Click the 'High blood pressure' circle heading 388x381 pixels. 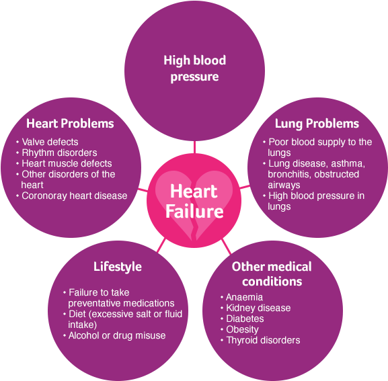[x=195, y=69]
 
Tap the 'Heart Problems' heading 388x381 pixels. [x=70, y=124]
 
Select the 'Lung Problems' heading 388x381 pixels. [x=317, y=124]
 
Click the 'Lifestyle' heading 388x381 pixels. [x=118, y=267]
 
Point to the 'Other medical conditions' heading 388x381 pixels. [x=272, y=274]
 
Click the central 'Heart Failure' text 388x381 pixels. [x=194, y=202]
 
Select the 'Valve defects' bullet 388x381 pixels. [x=50, y=142]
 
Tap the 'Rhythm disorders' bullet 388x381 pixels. [x=59, y=153]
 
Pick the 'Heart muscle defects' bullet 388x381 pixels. [x=67, y=163]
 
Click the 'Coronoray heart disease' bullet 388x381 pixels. [x=74, y=196]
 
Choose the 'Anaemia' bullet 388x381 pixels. [x=244, y=297]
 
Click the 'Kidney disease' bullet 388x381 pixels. [x=258, y=308]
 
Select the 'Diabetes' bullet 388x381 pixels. [x=245, y=319]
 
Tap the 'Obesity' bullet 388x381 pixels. [x=242, y=329]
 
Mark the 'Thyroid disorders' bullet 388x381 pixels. [x=263, y=341]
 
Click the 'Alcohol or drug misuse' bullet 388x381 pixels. [x=117, y=335]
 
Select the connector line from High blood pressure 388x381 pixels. [x=195, y=147]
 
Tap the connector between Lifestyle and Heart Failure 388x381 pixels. [x=161, y=245]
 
